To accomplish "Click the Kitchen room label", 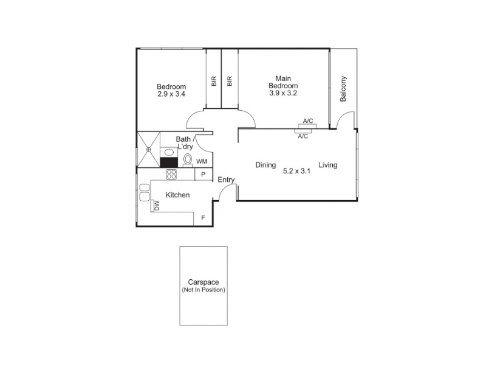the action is (x=177, y=195).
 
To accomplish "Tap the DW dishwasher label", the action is (x=157, y=206).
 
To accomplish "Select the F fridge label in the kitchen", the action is (x=203, y=218).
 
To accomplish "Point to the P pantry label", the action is (x=203, y=175).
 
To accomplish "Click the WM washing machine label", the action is (x=202, y=161).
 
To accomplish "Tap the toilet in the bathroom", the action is (x=188, y=160).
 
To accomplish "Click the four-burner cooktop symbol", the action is (x=171, y=174).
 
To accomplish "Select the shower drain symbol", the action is (x=148, y=149).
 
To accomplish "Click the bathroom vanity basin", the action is (x=169, y=153).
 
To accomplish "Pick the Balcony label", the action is (x=343, y=89).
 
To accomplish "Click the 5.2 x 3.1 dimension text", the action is (x=296, y=171).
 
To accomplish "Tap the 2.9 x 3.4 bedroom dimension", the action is (x=171, y=94).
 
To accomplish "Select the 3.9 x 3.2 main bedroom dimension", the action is (x=283, y=93).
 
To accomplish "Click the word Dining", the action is (x=265, y=165).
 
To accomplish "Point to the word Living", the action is (x=328, y=165).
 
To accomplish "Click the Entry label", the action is (x=226, y=179).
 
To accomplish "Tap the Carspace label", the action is (x=204, y=282).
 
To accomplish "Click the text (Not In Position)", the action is (x=204, y=290).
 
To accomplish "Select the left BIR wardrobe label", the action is (x=214, y=82).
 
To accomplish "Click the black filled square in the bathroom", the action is (x=169, y=162).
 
